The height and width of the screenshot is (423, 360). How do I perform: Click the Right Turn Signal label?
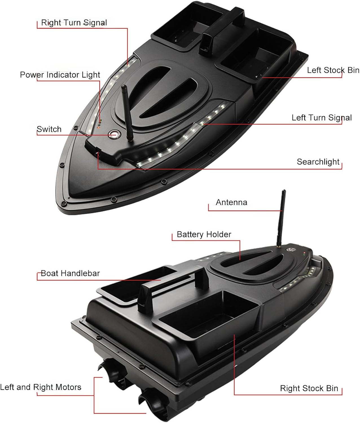click(74, 23)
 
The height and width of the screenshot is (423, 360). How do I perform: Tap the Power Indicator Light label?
click(60, 75)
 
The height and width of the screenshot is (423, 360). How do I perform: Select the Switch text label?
click(49, 129)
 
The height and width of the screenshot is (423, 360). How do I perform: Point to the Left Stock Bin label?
click(333, 70)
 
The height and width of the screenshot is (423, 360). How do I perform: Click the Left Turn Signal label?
click(321, 118)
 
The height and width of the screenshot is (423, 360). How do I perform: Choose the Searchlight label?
click(318, 162)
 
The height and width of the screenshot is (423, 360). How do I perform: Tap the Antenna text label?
click(231, 202)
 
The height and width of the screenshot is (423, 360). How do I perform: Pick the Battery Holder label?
click(204, 234)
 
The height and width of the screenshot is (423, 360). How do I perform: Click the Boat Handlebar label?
click(70, 273)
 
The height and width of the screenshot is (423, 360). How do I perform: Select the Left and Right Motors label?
click(41, 387)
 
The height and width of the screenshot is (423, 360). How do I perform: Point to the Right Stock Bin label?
click(309, 388)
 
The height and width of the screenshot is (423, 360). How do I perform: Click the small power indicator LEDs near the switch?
click(100, 123)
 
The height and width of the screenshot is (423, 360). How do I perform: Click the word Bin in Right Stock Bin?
click(332, 388)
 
